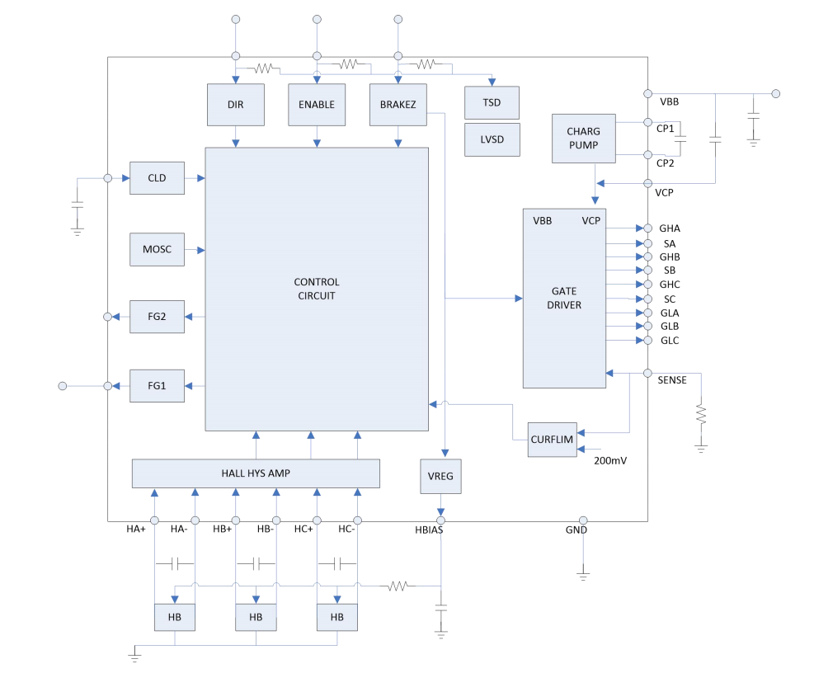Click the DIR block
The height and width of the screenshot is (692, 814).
point(236,105)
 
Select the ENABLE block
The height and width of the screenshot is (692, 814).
point(317,105)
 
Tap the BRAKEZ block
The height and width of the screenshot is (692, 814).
point(398,105)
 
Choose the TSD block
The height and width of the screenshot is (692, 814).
point(492,102)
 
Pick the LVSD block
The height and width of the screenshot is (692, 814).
point(492,139)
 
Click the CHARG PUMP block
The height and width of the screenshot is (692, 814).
point(583,139)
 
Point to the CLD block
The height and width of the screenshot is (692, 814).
point(157,178)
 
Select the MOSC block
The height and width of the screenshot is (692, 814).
point(157,249)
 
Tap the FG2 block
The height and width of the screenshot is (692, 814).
point(157,317)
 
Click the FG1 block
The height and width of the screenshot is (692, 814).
point(157,386)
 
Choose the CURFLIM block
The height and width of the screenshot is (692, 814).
point(553,439)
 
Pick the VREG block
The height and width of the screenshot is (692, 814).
point(441,476)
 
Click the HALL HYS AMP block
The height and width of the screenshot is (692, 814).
point(256,473)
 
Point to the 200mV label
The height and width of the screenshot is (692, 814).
point(610,460)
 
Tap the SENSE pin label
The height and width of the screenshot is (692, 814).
point(672,380)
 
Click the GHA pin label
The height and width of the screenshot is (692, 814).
point(670,228)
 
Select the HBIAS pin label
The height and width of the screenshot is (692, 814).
point(429,530)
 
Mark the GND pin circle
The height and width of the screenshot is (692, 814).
point(583,520)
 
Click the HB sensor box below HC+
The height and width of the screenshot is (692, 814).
point(337,617)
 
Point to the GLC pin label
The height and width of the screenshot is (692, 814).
point(670,341)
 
